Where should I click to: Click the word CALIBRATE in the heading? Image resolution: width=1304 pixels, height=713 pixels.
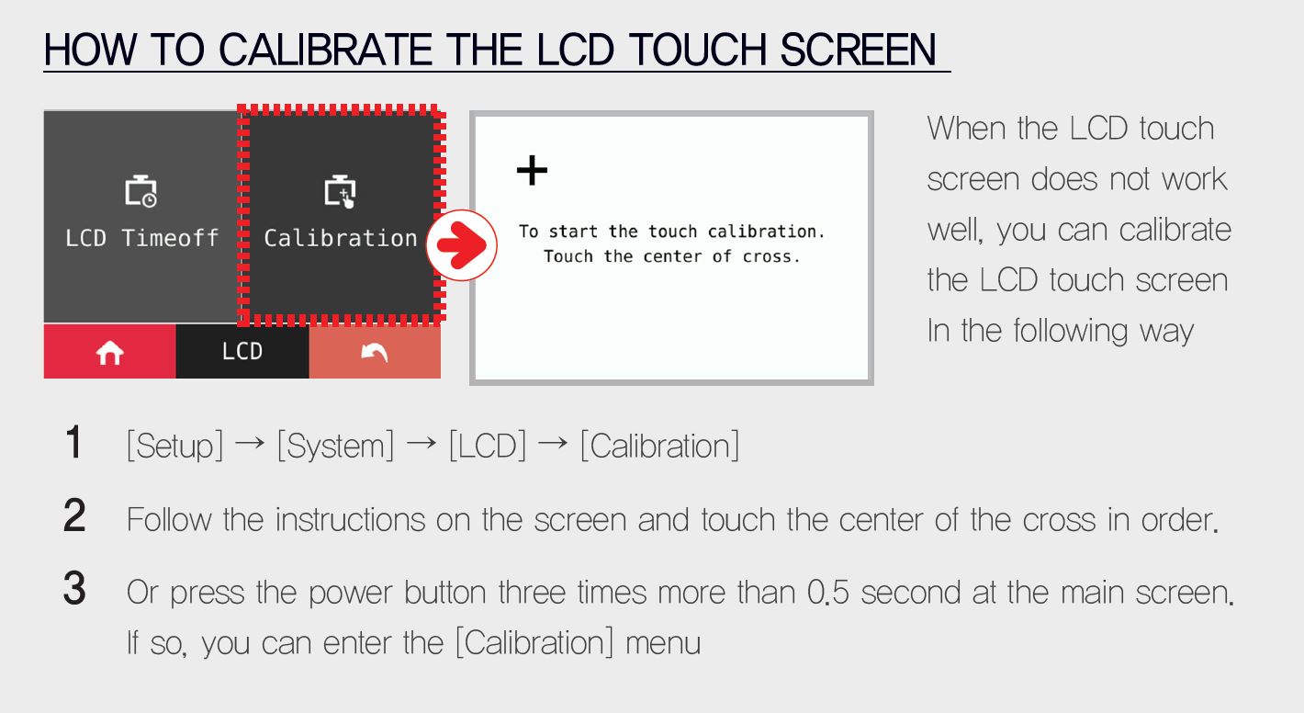(325, 50)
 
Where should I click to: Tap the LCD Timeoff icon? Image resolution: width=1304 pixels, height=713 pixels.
(141, 190)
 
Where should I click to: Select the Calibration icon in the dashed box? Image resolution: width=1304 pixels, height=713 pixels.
(340, 190)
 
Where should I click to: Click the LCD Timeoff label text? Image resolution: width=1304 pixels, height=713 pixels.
(142, 238)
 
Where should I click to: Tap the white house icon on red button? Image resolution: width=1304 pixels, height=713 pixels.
(109, 353)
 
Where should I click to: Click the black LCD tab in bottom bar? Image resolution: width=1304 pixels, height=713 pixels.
(242, 351)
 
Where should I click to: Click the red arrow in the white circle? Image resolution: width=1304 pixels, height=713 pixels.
(462, 245)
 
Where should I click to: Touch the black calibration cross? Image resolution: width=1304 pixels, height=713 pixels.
(532, 170)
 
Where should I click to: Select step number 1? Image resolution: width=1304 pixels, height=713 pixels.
(73, 442)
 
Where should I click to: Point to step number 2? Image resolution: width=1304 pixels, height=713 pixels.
(74, 515)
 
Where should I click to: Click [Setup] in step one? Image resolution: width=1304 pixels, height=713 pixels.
(174, 446)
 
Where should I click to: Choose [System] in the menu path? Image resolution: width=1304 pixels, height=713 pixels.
(335, 446)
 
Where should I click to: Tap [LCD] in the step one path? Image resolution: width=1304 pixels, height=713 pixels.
(488, 446)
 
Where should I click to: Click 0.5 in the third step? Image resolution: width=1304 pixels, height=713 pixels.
(827, 593)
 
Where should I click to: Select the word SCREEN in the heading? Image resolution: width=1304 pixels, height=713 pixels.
(858, 50)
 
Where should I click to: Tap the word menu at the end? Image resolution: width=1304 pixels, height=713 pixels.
(663, 644)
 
